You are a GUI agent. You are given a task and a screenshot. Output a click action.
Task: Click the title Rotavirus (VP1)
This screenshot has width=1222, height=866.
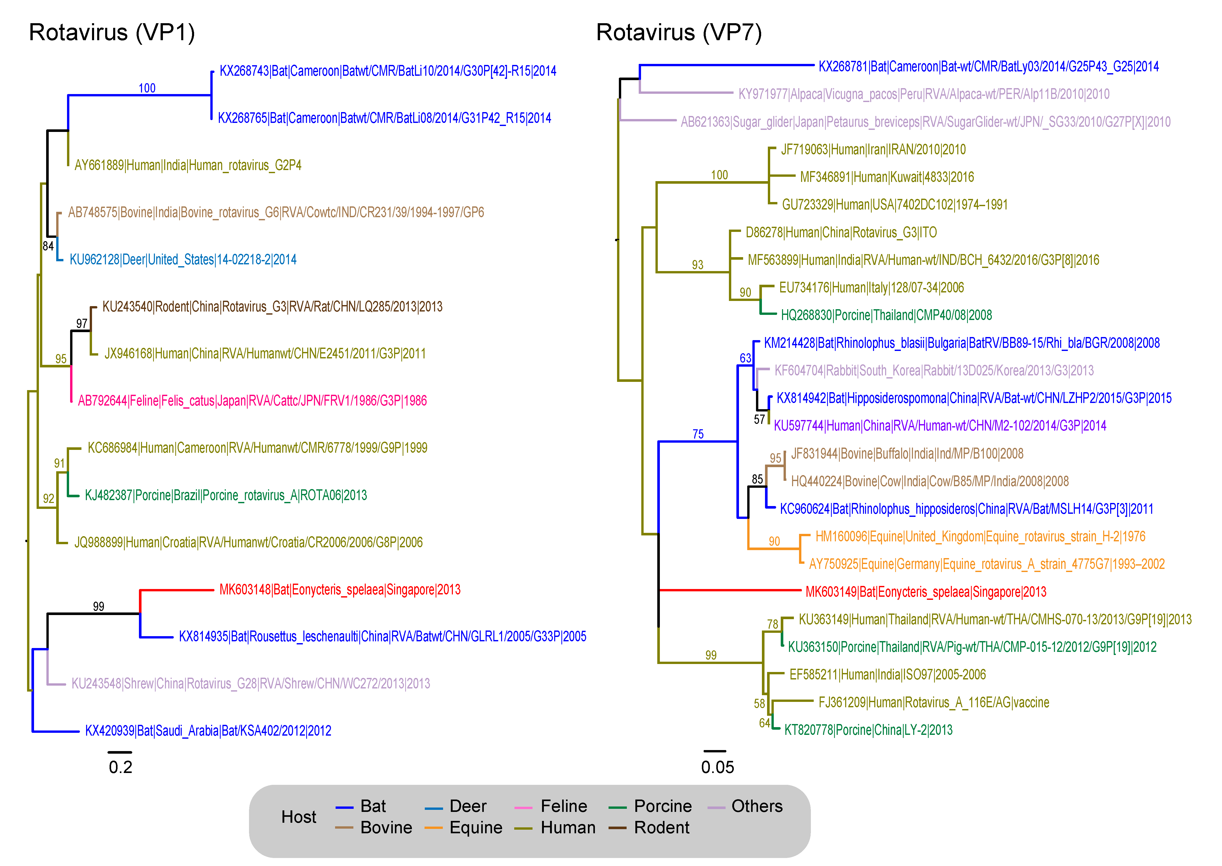tap(112, 32)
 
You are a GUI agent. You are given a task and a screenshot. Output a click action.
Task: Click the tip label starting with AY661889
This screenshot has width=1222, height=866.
tap(188, 165)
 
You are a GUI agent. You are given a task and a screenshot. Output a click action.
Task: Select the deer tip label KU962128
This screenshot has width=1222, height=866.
tap(183, 260)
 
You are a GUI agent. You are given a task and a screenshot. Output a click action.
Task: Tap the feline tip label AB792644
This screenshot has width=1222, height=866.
tap(252, 400)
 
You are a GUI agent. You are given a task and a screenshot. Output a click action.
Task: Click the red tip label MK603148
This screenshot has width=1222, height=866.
tap(340, 590)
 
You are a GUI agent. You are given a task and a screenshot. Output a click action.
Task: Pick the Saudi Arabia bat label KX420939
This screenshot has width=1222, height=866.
tap(208, 730)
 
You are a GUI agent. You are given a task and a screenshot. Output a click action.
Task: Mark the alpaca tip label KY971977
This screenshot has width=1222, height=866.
tap(923, 94)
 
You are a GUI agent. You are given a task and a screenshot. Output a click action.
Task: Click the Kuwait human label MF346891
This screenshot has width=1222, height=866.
tap(886, 177)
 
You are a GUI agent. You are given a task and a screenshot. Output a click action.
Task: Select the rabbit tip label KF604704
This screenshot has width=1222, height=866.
tap(933, 371)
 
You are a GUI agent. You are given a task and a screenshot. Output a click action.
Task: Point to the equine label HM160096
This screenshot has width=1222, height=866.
tap(980, 536)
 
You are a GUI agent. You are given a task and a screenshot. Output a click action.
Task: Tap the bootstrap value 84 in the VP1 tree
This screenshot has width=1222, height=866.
tap(48, 246)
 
